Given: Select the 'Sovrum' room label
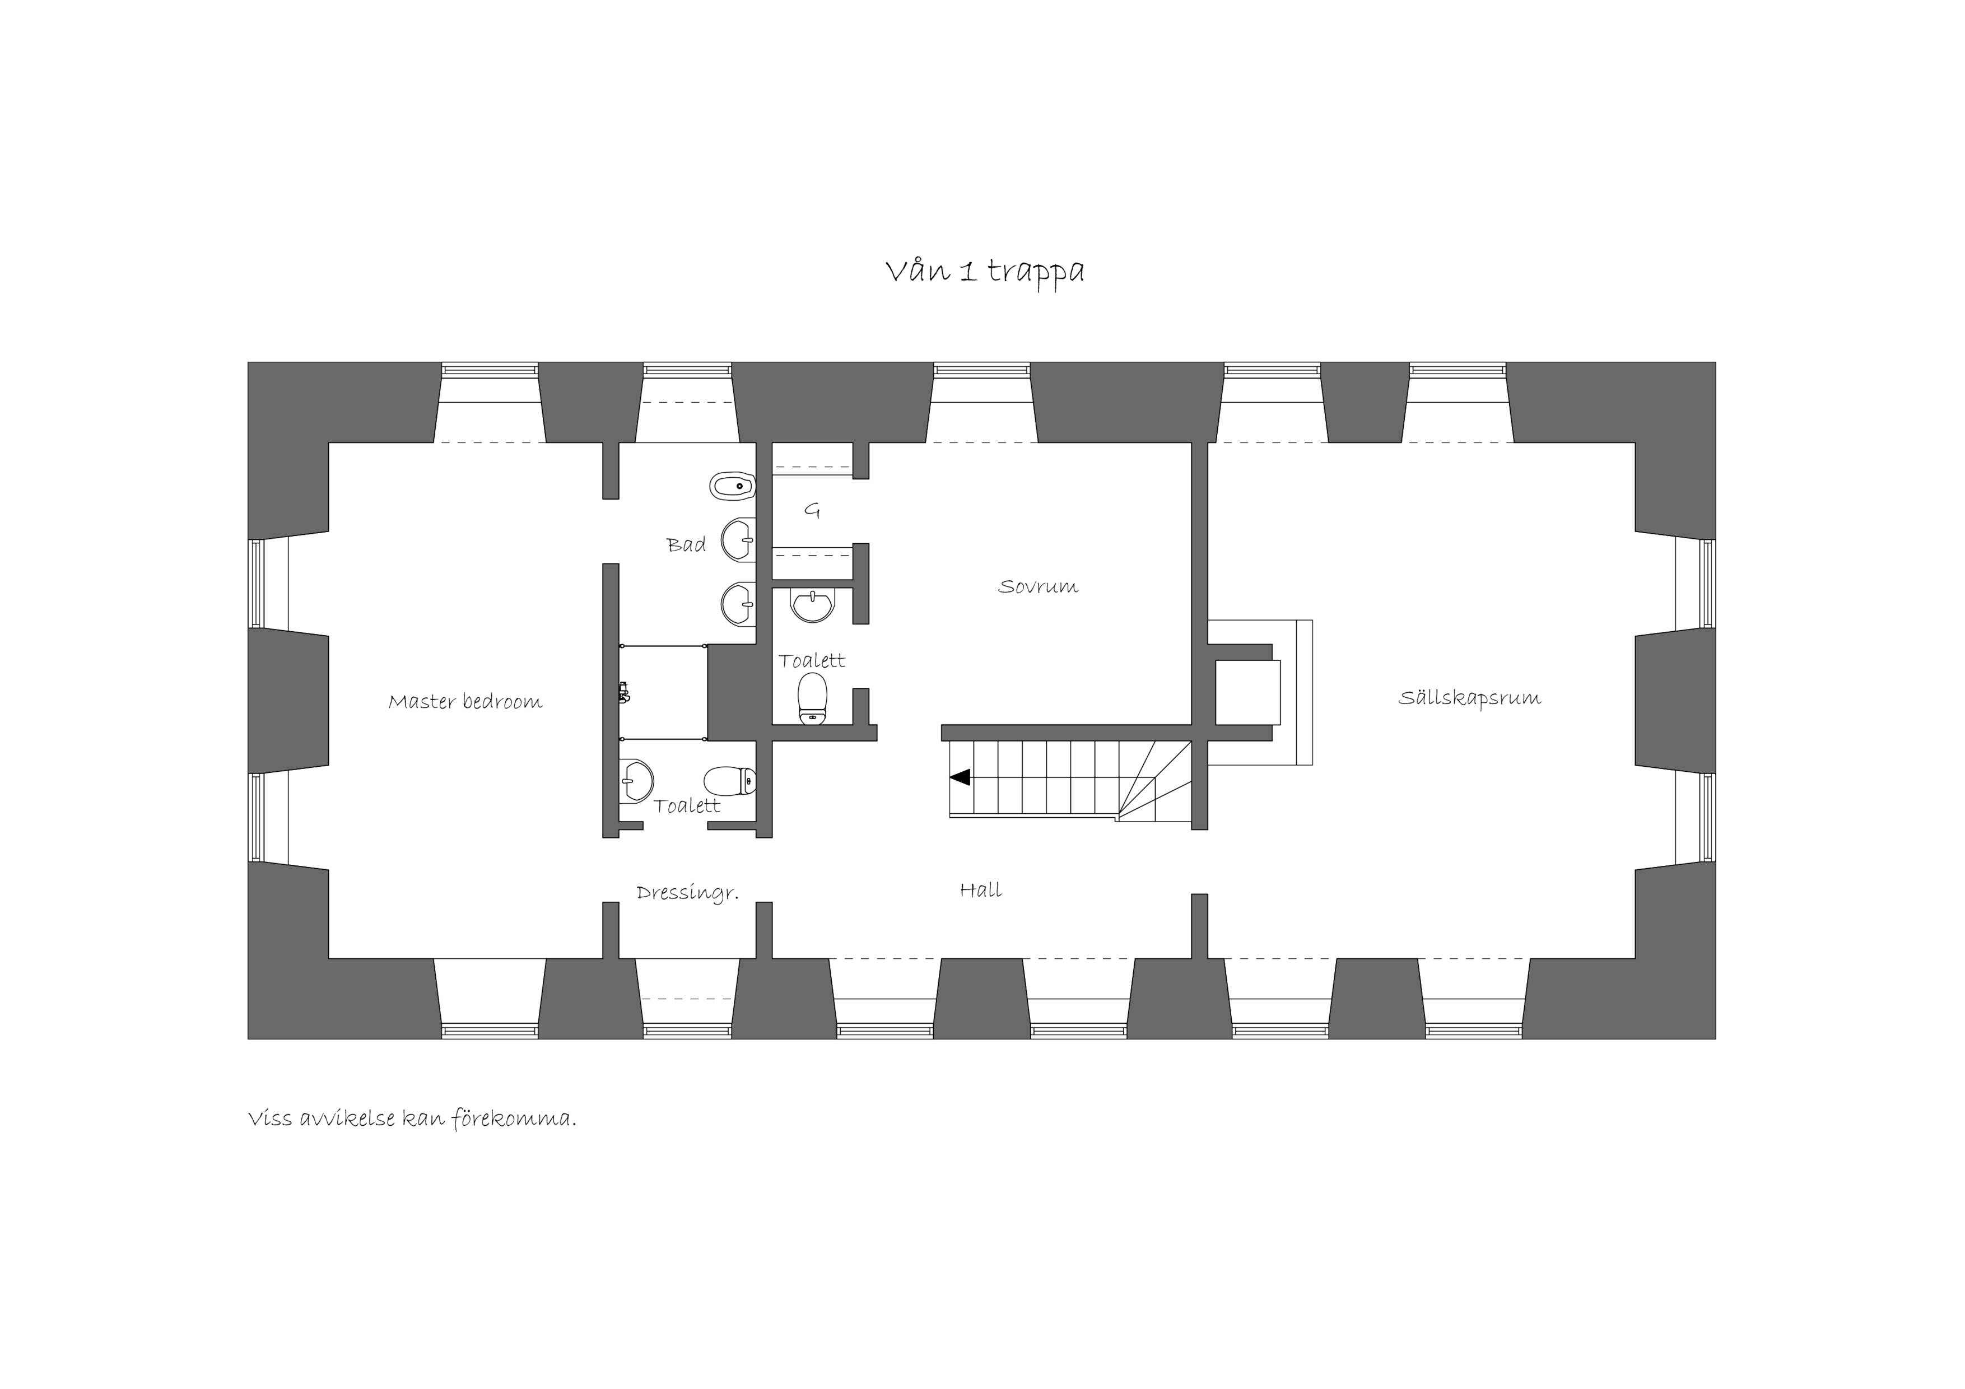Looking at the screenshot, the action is [1037, 586].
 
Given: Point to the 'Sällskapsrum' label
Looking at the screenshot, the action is [1469, 697].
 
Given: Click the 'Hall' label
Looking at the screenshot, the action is [980, 889].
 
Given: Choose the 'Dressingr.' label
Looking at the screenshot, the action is [687, 893].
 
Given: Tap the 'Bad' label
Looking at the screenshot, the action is [686, 544].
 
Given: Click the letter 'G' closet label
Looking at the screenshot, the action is [812, 511].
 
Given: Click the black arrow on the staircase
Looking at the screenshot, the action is [960, 777].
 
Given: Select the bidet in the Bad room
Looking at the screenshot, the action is [733, 487].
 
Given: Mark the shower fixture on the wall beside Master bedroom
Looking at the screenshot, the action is [624, 692].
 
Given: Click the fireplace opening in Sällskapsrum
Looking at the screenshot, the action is [1248, 692].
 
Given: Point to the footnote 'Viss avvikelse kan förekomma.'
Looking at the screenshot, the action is [412, 1118].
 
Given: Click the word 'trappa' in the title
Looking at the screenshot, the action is [1036, 273].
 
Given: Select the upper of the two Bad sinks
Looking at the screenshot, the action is [738, 540].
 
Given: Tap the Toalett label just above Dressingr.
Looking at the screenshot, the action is [686, 805].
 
